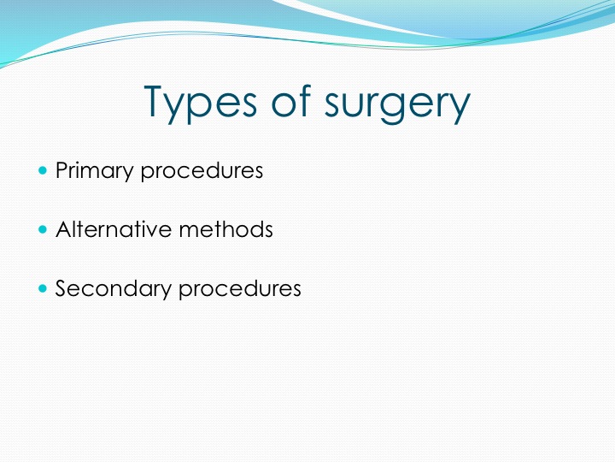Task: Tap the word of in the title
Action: pyautogui.click(x=291, y=100)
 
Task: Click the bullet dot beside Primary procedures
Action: pyautogui.click(x=43, y=170)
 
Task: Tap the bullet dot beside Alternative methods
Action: pyautogui.click(x=43, y=229)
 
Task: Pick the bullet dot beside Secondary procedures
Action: pyautogui.click(x=43, y=289)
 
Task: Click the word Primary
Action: pyautogui.click(x=94, y=171)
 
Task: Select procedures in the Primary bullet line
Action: pyautogui.click(x=202, y=171)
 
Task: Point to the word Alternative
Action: pyautogui.click(x=114, y=229)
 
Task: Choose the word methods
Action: pyautogui.click(x=225, y=229)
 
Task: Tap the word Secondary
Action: pyautogui.click(x=113, y=289)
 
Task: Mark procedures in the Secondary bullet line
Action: pyautogui.click(x=240, y=289)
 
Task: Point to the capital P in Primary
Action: pyautogui.click(x=62, y=169)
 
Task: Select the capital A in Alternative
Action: pyautogui.click(x=65, y=228)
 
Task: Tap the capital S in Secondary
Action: pyautogui.click(x=62, y=288)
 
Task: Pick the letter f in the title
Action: pyautogui.click(x=304, y=100)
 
